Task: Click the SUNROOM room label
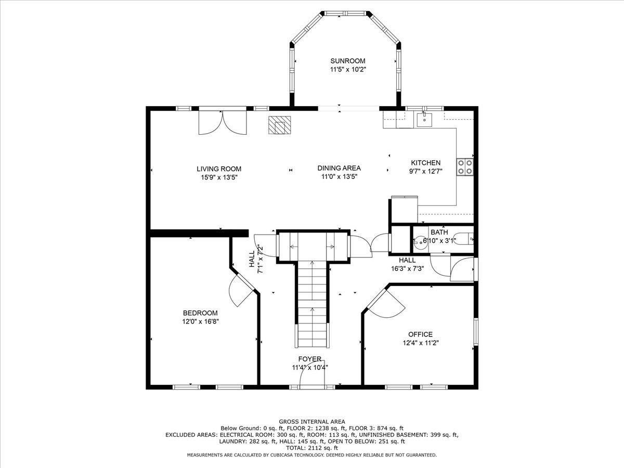tap(348, 61)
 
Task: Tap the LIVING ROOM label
tap(219, 169)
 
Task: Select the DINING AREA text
tap(339, 168)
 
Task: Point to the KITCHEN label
tap(425, 163)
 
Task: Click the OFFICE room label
tap(421, 334)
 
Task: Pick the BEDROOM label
tap(200, 313)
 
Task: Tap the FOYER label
tap(310, 359)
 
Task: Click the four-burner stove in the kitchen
tap(465, 167)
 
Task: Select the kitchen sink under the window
tap(424, 120)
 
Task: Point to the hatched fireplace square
tap(280, 125)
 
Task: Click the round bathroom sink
tap(419, 243)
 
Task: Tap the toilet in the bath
tap(463, 238)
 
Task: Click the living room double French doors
tap(223, 123)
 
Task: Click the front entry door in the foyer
tap(312, 374)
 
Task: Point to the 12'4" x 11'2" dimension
tap(421, 343)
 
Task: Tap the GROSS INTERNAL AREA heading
tap(312, 422)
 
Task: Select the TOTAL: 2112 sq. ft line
tap(312, 448)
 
